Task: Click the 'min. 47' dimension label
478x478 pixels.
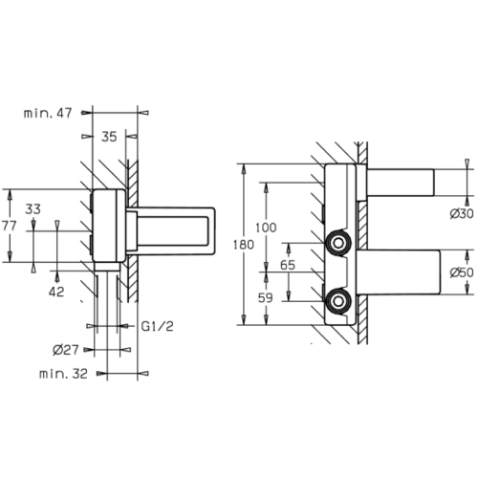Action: click(48, 113)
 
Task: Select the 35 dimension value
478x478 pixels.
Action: click(109, 137)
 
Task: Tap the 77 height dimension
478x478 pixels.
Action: click(9, 226)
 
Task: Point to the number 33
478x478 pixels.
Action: click(33, 209)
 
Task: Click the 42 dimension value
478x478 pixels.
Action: click(56, 292)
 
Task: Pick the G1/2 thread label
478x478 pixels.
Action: click(158, 326)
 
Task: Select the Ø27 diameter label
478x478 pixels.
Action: click(66, 350)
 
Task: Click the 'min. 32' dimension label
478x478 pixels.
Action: click(63, 374)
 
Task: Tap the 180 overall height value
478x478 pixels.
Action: click(244, 245)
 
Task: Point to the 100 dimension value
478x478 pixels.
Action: click(266, 228)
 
